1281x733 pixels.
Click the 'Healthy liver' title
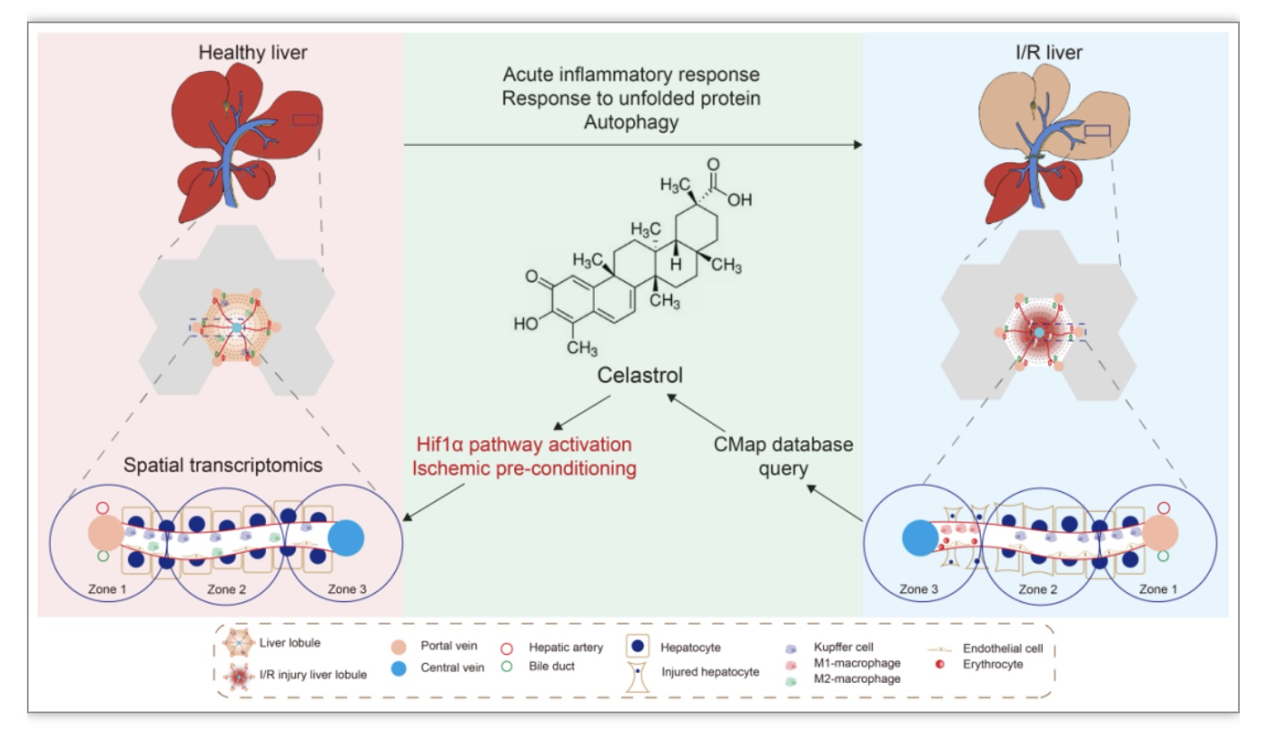point(253,53)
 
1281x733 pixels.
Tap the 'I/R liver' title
point(1049,53)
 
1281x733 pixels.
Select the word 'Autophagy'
point(632,123)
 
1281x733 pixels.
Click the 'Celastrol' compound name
point(640,375)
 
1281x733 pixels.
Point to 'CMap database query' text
point(784,456)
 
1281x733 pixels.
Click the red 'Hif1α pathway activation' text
point(524,444)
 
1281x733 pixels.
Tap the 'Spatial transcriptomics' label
point(223,465)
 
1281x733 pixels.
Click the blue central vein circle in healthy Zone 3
point(346,538)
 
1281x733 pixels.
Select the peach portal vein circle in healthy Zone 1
point(106,532)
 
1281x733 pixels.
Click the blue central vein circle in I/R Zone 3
point(920,538)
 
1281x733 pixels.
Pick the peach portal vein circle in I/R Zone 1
point(1160,532)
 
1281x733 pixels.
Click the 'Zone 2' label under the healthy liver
point(227,590)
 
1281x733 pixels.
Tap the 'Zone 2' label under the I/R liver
point(1038,590)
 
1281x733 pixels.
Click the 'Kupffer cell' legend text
point(844,647)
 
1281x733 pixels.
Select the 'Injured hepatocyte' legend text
point(710,672)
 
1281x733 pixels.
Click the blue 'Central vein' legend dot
point(399,668)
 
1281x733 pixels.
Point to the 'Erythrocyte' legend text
point(993,664)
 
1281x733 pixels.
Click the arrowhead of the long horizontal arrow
point(858,145)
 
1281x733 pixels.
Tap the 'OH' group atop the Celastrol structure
point(739,200)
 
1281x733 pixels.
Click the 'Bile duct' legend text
point(551,666)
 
